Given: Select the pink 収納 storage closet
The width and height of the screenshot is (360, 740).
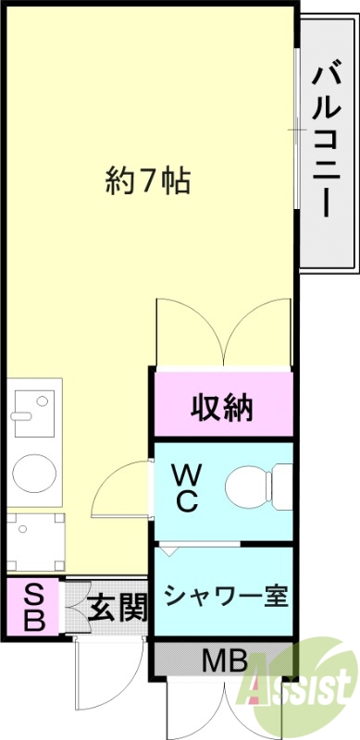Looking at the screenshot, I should [x=222, y=405].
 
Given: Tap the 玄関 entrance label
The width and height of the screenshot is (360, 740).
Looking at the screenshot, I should [x=118, y=608].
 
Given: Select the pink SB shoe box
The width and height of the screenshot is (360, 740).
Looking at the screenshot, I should [x=33, y=606].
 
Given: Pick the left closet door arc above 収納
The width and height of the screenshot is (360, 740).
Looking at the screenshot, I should [x=188, y=328].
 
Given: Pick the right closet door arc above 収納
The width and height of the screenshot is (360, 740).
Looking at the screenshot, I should [x=256, y=328].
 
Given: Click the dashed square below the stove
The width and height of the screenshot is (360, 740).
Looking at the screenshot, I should [x=34, y=540].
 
